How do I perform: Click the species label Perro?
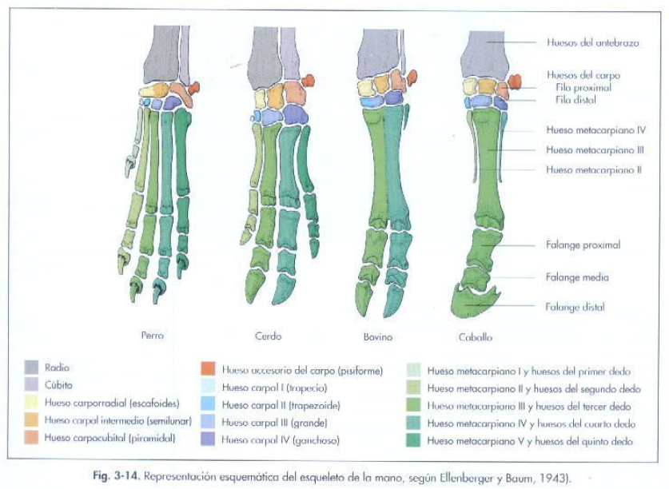coord(152,336)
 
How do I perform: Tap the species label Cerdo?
coord(268,336)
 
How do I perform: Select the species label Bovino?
coord(378,337)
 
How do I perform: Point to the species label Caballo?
coord(476,337)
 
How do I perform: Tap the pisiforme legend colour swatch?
coord(207,370)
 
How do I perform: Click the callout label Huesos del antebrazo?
coord(592,43)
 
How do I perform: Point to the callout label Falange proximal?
coord(583,245)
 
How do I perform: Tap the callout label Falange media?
coord(577,277)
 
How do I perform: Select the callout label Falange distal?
coord(575,307)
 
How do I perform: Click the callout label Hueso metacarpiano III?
coord(595,149)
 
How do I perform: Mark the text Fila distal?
coord(575,100)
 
